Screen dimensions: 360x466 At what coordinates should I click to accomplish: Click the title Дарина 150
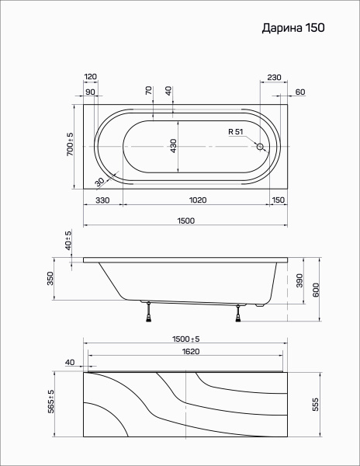click(x=293, y=28)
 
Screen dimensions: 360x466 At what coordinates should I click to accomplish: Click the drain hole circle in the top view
click(x=260, y=147)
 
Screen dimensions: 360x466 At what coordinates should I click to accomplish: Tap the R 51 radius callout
click(x=236, y=132)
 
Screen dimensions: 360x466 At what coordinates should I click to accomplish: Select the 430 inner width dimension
click(x=174, y=146)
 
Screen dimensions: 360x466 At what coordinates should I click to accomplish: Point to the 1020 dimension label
click(x=198, y=200)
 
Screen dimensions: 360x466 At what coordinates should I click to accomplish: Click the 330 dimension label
click(x=102, y=200)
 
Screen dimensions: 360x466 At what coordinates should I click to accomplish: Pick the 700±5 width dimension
click(x=70, y=144)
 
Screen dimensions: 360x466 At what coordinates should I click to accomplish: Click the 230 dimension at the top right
click(x=274, y=77)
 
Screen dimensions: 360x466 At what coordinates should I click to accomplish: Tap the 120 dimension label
click(x=91, y=77)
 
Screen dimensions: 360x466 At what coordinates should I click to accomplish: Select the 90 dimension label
click(x=90, y=92)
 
